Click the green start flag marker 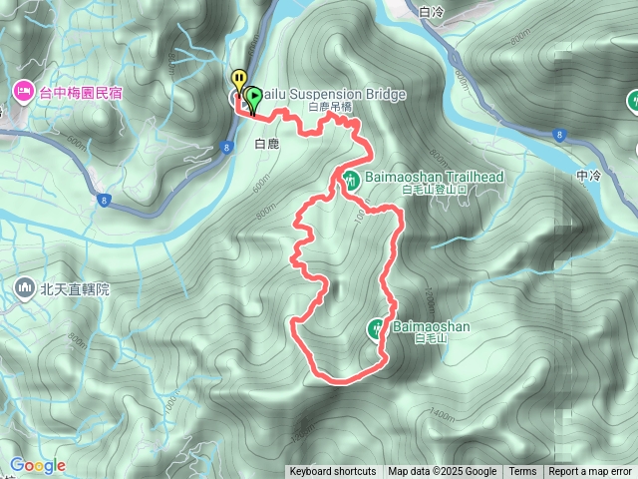tap(253, 98)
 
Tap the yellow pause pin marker tap(238, 79)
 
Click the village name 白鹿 tap(267, 144)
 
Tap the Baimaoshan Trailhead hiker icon tap(352, 181)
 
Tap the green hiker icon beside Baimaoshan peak tap(377, 326)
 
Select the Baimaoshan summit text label tap(431, 326)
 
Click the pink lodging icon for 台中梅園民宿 tap(22, 93)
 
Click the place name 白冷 tap(432, 12)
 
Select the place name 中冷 tap(589, 175)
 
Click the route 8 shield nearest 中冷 tap(560, 133)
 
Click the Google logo tap(38, 465)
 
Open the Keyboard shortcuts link tap(333, 472)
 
